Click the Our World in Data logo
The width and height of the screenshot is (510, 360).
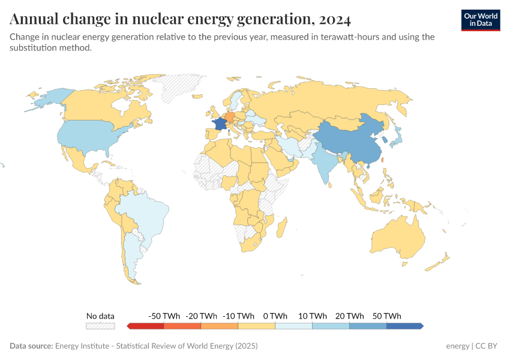(x=480, y=20)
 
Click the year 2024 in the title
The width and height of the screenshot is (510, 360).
(x=335, y=19)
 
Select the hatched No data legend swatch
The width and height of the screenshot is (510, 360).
(x=100, y=326)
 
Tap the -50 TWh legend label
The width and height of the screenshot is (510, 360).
(x=163, y=316)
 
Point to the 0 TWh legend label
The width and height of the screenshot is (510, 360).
(x=275, y=316)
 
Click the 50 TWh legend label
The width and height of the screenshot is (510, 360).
(x=386, y=316)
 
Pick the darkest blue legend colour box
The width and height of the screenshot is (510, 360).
(x=404, y=326)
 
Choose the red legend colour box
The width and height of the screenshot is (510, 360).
(x=146, y=326)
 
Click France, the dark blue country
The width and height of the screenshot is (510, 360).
(x=220, y=123)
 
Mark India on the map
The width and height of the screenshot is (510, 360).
(x=323, y=160)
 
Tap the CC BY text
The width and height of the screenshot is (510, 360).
(x=488, y=346)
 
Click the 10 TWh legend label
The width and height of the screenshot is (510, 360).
(x=312, y=316)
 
